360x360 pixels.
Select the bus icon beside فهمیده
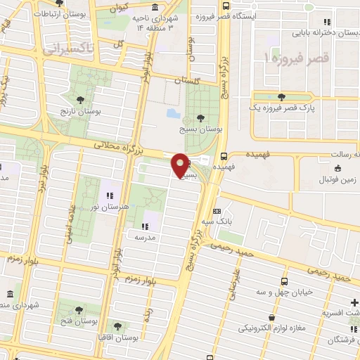[x=224, y=157]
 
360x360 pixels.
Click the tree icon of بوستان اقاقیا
[x=116, y=326]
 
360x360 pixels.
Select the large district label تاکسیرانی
[x=67, y=49]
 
